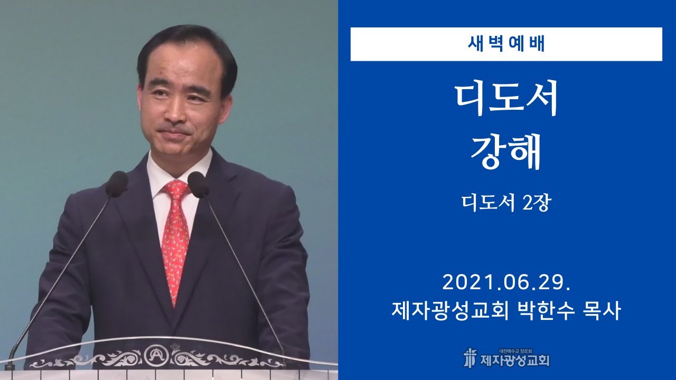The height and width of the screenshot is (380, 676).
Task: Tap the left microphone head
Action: (x=116, y=184)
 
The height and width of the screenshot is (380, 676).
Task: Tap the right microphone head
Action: (x=198, y=185)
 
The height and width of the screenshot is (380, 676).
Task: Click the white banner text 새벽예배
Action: (x=506, y=44)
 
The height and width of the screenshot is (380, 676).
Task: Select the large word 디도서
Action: (x=506, y=100)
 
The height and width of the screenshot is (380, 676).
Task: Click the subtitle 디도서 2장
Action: (x=506, y=203)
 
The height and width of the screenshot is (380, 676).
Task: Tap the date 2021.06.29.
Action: (x=506, y=283)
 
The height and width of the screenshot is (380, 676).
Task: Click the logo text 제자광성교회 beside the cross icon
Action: (x=514, y=361)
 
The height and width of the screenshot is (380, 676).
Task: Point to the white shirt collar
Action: (x=158, y=174)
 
